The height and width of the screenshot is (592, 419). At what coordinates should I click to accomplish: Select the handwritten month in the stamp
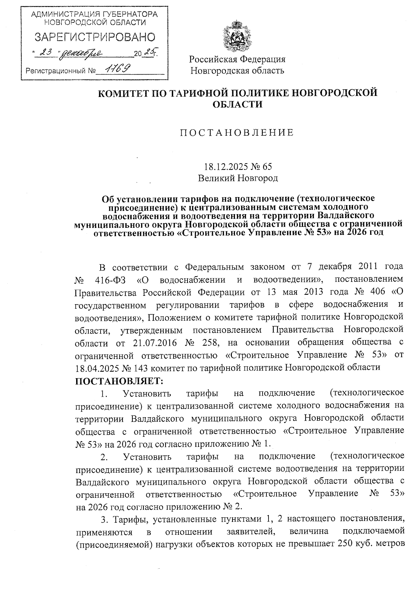pyautogui.click(x=81, y=53)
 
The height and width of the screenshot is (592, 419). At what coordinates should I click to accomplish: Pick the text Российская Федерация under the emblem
pyautogui.click(x=237, y=59)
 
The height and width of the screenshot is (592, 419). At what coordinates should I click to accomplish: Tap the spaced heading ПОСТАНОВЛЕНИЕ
pyautogui.click(x=237, y=133)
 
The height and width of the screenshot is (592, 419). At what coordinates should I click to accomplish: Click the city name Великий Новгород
pyautogui.click(x=238, y=178)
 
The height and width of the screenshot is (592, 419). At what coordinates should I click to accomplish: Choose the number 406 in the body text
pyautogui.click(x=372, y=292)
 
